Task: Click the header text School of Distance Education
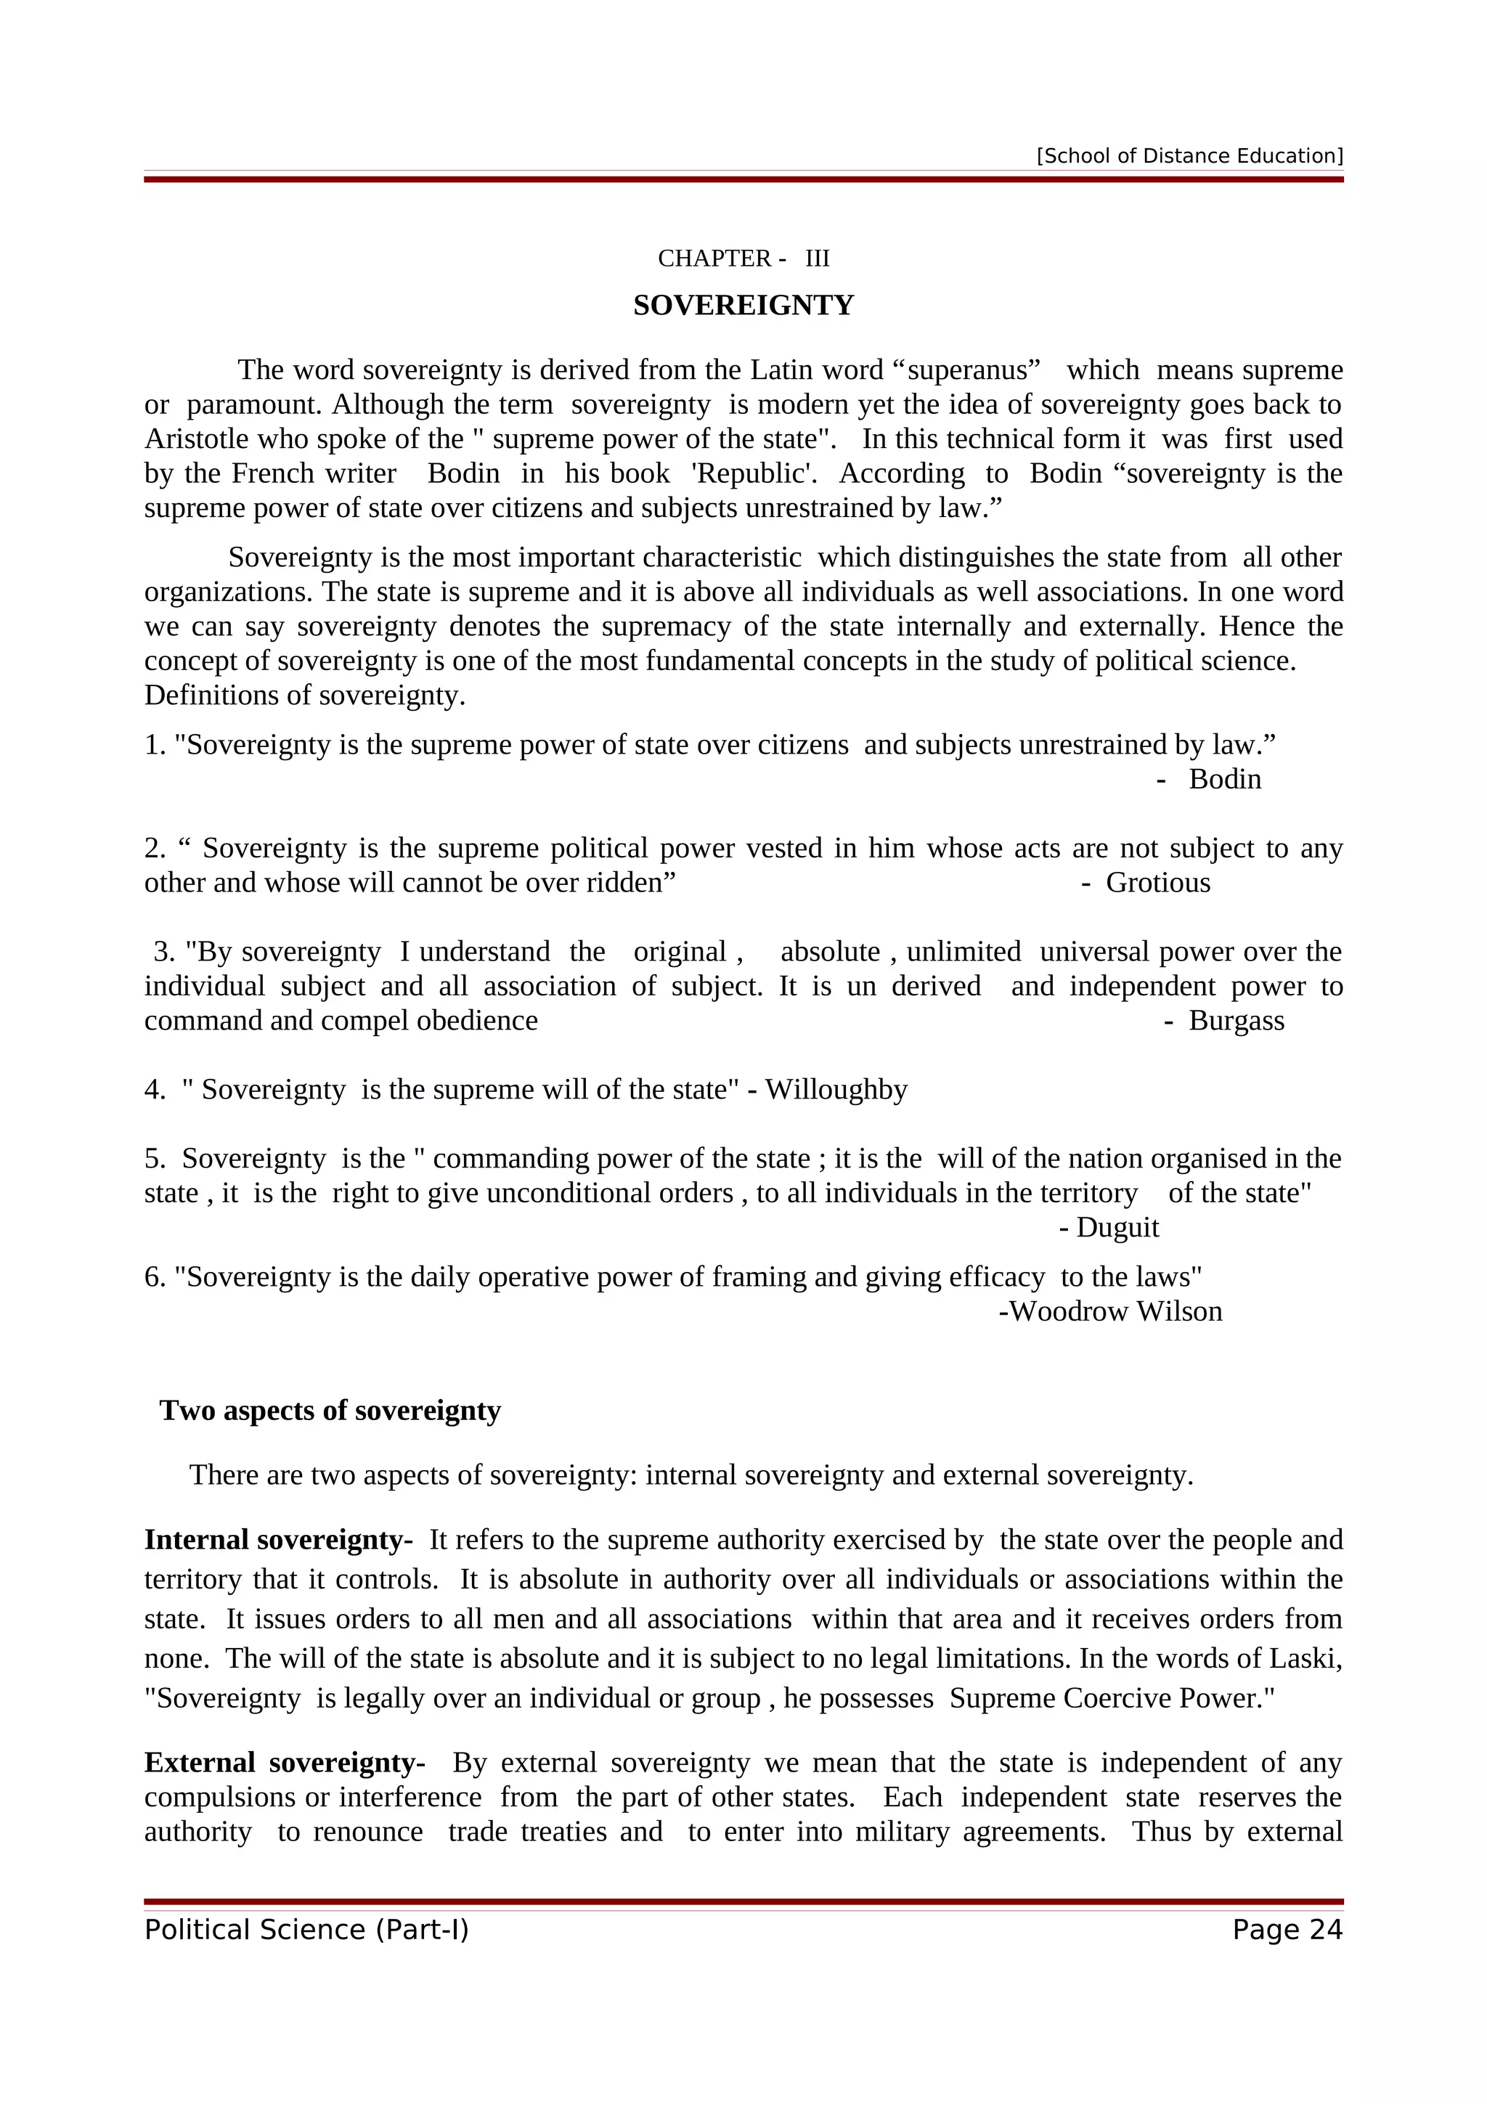coord(1189,156)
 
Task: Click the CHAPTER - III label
coord(743,258)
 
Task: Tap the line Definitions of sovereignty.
coord(305,696)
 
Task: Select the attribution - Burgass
coord(1225,1021)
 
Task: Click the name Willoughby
coord(836,1090)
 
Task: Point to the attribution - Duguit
coord(1109,1228)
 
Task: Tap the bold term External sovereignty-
coord(284,1762)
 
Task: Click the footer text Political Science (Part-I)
coord(307,1930)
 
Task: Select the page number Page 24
coord(1287,1930)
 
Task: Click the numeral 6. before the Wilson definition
coord(154,1278)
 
